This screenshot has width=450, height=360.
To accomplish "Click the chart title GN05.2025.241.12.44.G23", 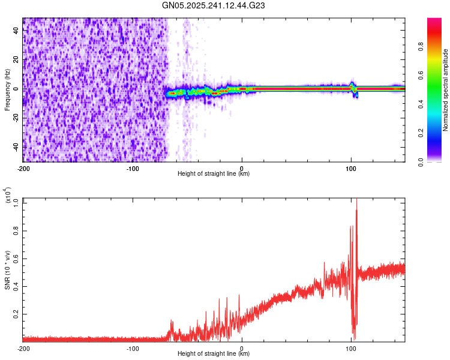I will [214, 6].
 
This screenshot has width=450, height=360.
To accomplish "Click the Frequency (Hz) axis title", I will [7, 90].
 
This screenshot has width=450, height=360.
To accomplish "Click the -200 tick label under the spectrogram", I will [23, 168].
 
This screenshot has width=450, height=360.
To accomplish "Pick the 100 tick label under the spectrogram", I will [351, 168].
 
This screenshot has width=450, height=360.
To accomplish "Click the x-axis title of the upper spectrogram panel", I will [214, 174].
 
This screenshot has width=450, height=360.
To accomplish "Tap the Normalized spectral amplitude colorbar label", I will [446, 90].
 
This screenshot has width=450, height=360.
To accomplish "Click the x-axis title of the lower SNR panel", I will [214, 354].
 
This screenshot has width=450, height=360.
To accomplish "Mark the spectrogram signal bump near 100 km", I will [353, 86].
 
